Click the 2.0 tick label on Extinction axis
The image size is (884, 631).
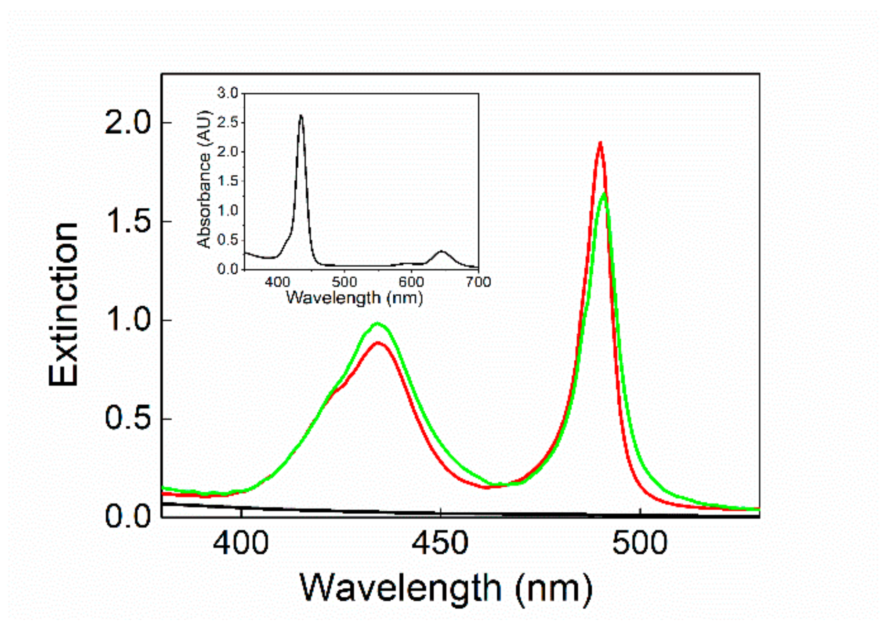pyautogui.click(x=127, y=123)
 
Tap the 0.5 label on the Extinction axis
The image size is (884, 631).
pyautogui.click(x=127, y=418)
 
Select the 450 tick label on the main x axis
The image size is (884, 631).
pyautogui.click(x=440, y=544)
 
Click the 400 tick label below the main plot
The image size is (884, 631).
pyautogui.click(x=240, y=544)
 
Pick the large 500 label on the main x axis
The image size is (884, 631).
pyautogui.click(x=640, y=544)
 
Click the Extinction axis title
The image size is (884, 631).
pyautogui.click(x=64, y=305)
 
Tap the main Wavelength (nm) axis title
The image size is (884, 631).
pyautogui.click(x=446, y=588)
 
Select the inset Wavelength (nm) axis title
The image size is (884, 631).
pyautogui.click(x=354, y=298)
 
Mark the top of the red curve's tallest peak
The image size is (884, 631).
pyautogui.click(x=600, y=143)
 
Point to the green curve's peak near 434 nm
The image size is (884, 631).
pyautogui.click(x=377, y=324)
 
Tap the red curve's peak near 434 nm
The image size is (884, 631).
pyautogui.click(x=378, y=343)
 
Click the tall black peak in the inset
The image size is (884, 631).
pyautogui.click(x=301, y=116)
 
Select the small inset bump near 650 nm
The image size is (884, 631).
pyautogui.click(x=442, y=252)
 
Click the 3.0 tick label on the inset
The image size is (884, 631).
pyautogui.click(x=227, y=93)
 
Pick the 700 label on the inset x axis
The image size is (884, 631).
pyautogui.click(x=478, y=282)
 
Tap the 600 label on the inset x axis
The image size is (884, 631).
pyautogui.click(x=411, y=282)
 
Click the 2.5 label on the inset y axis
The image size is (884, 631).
pyautogui.click(x=227, y=122)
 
